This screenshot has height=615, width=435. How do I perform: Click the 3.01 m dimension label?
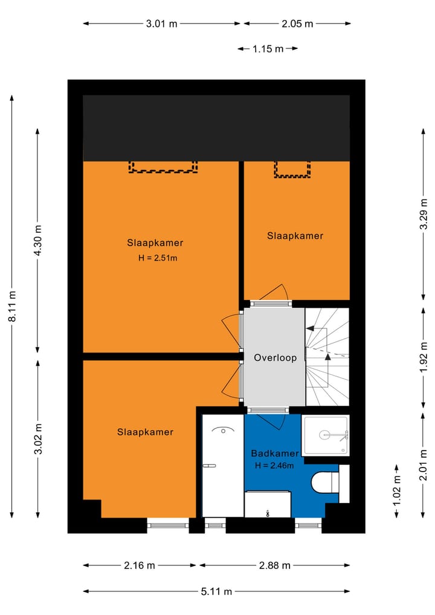point(162,24)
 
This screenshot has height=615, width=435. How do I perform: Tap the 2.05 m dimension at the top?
point(297,24)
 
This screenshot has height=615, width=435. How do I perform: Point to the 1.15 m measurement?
point(268,49)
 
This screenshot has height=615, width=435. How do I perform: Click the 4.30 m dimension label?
point(38,241)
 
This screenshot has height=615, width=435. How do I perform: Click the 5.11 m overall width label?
point(216,592)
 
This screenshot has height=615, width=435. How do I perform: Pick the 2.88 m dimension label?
point(274,565)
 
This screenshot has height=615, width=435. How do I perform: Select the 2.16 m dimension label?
point(139,565)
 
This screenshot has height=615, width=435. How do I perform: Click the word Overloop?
point(275,357)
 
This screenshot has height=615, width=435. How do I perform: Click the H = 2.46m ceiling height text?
point(274,466)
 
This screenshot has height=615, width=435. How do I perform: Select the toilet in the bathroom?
point(325,483)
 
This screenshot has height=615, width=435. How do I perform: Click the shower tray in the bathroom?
point(326,434)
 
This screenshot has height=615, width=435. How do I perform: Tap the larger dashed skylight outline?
point(163,167)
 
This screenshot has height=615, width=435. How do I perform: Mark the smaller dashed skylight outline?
point(292,169)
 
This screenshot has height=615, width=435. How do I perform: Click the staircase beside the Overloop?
point(327,357)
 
